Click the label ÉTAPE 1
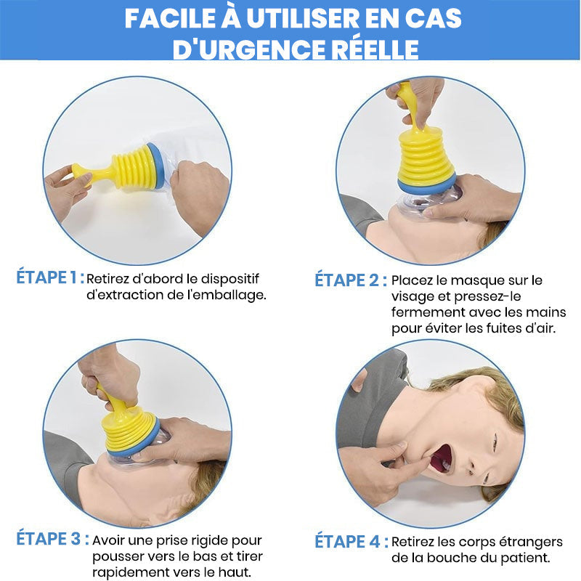coord(49,277)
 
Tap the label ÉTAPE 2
coord(347,280)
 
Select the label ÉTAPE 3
coord(49,539)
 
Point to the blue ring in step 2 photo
coord(427,182)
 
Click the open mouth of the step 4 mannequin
coord(442,458)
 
